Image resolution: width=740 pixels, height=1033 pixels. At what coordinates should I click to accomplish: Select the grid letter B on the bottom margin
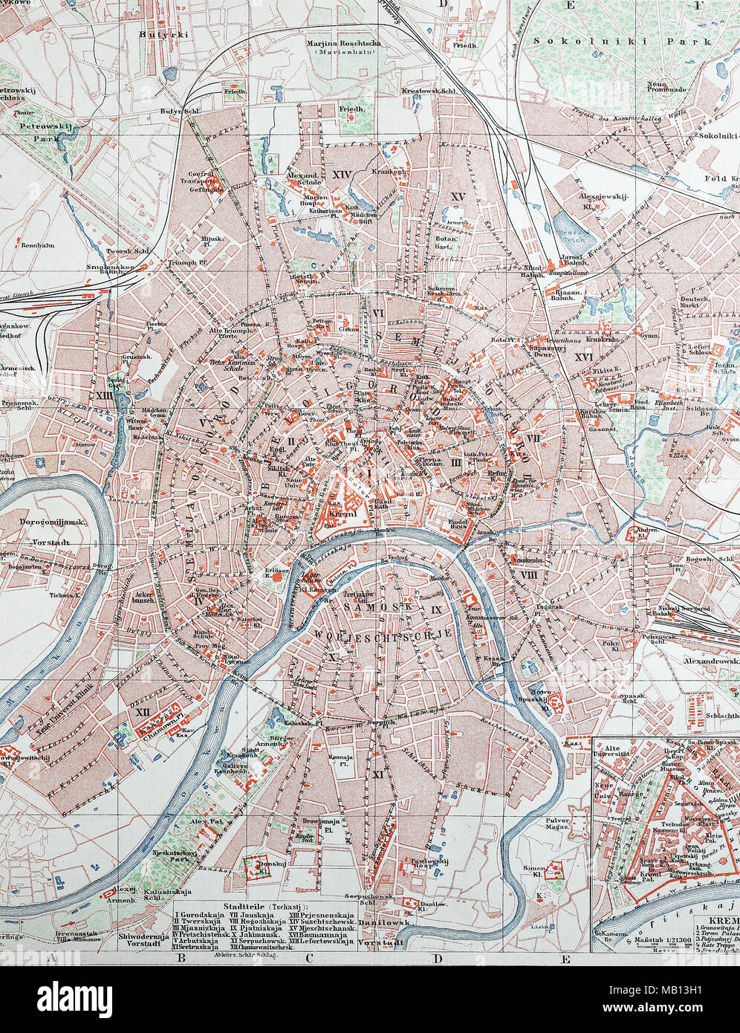[181, 959]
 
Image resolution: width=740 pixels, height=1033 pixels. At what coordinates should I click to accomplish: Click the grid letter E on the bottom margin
[565, 959]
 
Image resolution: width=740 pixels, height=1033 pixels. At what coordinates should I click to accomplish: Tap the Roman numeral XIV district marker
[342, 175]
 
